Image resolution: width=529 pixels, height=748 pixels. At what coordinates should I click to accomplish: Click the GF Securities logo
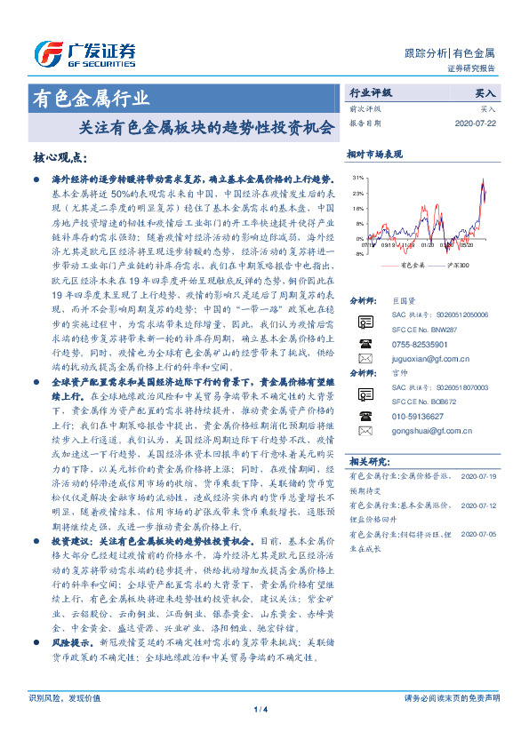[x=84, y=52]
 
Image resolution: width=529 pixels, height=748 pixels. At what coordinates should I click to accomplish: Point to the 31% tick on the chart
[x=356, y=179]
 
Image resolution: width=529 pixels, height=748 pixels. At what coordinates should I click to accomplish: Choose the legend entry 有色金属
[x=414, y=266]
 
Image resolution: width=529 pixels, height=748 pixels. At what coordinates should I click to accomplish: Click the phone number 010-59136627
[x=417, y=417]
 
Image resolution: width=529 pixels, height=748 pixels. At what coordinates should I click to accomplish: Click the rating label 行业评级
[x=369, y=92]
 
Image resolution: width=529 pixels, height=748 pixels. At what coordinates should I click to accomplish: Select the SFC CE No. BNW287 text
[x=425, y=329]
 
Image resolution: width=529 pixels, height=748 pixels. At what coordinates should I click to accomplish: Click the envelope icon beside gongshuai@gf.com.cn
[x=365, y=431]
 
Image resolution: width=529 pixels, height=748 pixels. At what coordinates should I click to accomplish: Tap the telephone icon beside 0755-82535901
[x=365, y=343]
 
